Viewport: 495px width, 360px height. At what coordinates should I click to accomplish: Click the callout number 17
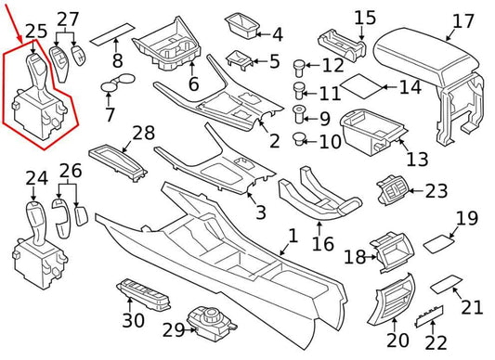462,20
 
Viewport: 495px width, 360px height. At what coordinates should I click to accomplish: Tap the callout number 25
35,32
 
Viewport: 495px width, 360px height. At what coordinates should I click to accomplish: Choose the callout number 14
410,88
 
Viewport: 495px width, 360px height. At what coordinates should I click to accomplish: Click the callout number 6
193,84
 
